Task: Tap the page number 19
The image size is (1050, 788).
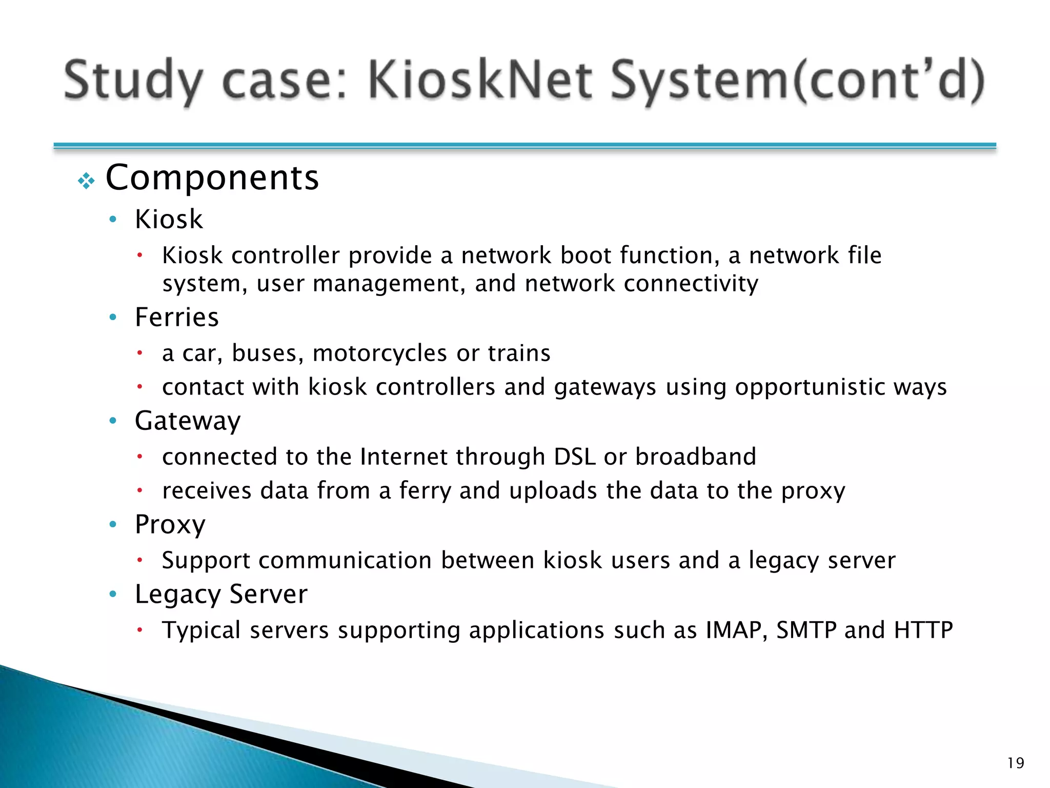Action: pos(1015,763)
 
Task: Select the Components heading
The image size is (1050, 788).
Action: pos(212,178)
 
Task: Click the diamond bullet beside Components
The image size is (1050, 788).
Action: pos(86,181)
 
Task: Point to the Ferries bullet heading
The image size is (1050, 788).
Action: pos(176,317)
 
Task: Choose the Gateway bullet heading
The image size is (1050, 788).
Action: pos(188,421)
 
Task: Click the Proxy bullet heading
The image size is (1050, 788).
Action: pos(170,525)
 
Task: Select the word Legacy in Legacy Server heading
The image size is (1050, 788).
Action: pos(177,595)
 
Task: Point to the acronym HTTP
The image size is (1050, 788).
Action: pos(923,630)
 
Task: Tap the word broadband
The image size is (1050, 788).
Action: pos(695,457)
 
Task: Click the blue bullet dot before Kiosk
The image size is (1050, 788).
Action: pos(113,220)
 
